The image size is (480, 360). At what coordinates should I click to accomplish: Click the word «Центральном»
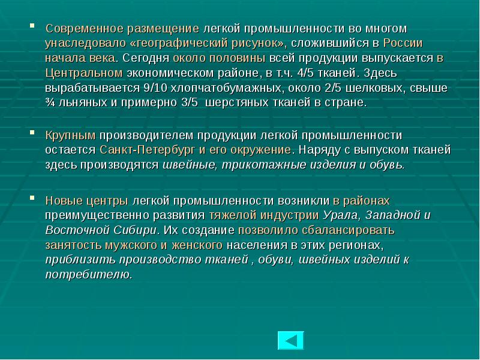(83, 73)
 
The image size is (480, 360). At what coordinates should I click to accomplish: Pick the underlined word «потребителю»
(88, 274)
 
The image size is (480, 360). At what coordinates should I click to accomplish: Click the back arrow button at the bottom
(290, 341)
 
